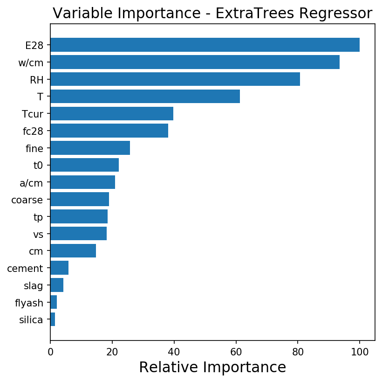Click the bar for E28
pyautogui.click(x=205, y=45)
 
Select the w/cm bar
pyautogui.click(x=195, y=62)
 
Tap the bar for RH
pyautogui.click(x=175, y=79)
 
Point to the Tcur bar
pyautogui.click(x=112, y=113)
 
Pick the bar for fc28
pyautogui.click(x=109, y=131)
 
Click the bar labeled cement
pyautogui.click(x=60, y=268)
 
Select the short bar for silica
pyautogui.click(x=53, y=319)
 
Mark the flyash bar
pyautogui.click(x=54, y=302)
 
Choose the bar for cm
pyautogui.click(x=73, y=251)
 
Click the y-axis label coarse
pyautogui.click(x=27, y=200)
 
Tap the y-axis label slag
pyautogui.click(x=34, y=285)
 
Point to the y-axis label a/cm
pyautogui.click(x=31, y=183)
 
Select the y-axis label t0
pyautogui.click(x=38, y=166)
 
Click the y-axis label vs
pyautogui.click(x=38, y=235)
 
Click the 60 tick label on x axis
pyautogui.click(x=236, y=352)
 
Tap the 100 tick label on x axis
pyautogui.click(x=360, y=352)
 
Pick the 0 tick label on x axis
pyautogui.click(x=50, y=352)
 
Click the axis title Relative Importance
pyautogui.click(x=212, y=368)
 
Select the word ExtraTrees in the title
pyautogui.click(x=255, y=13)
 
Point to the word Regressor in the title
pyautogui.click(x=336, y=14)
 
